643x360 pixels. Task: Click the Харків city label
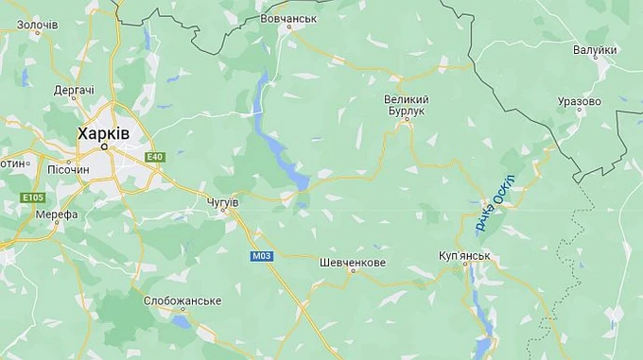tap(104, 134)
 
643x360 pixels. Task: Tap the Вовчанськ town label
tap(288, 18)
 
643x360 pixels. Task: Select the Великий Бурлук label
tap(407, 105)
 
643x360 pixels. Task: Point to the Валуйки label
tap(595, 50)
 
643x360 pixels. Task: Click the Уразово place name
tap(580, 101)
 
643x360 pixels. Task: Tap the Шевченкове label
tap(353, 262)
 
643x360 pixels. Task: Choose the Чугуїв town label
tap(223, 202)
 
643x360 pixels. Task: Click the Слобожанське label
tap(182, 300)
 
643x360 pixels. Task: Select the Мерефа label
tap(57, 214)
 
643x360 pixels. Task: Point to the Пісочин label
tap(68, 169)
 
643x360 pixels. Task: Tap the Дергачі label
tap(74, 90)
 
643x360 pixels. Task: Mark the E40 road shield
tap(155, 157)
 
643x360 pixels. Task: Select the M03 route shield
tap(262, 255)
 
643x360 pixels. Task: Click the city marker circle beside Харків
tap(105, 146)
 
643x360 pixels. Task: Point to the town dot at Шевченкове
tap(353, 272)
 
